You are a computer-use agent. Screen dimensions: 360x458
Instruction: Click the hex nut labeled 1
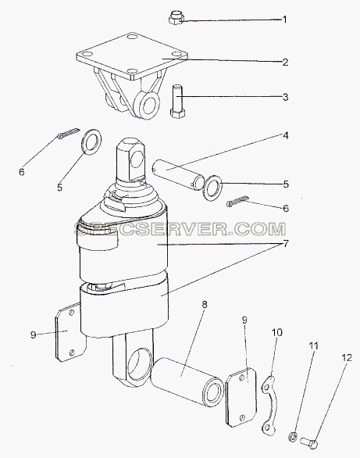point(176,17)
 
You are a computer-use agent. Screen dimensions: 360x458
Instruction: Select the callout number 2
point(285,63)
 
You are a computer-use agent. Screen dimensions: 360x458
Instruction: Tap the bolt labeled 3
point(177,101)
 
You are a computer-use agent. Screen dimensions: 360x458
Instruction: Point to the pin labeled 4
point(178,178)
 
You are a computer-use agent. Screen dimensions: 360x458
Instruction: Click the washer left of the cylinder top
point(92,141)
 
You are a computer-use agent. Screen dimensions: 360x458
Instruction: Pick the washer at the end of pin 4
point(213,188)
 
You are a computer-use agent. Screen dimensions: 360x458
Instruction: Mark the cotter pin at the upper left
point(69,133)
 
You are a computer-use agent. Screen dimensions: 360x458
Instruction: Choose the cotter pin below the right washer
point(237,201)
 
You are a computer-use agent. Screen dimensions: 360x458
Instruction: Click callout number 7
point(286,243)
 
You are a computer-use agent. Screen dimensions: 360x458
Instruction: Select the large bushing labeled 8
point(187,381)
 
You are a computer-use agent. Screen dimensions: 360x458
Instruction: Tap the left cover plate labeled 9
point(70,332)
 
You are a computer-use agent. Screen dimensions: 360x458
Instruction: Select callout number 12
point(347,358)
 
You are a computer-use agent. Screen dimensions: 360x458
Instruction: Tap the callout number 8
point(205,305)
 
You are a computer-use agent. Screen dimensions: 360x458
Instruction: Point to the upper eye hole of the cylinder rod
point(137,159)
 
